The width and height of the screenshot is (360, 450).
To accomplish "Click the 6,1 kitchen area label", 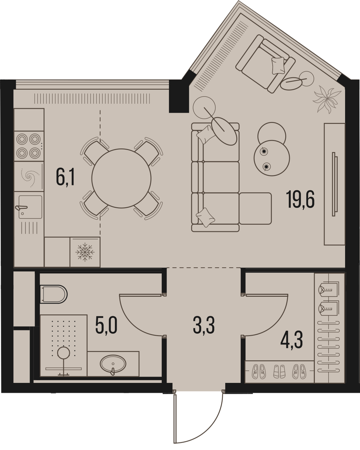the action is click(x=65, y=178).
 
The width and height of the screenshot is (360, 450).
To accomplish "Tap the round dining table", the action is click(x=121, y=178).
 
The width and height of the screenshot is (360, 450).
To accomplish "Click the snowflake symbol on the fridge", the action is click(x=85, y=252).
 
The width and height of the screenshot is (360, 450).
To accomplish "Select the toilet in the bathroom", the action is click(x=53, y=294).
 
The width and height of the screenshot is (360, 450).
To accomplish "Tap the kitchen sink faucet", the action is click(x=21, y=208).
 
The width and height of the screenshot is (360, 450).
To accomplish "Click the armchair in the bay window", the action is click(x=265, y=64).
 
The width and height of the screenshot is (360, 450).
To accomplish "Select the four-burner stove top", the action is click(x=29, y=146).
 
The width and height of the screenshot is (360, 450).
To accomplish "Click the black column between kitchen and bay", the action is click(x=179, y=96).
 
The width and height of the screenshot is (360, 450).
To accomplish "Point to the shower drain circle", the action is click(x=63, y=352).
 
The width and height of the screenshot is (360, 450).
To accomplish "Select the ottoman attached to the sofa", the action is click(x=255, y=208).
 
